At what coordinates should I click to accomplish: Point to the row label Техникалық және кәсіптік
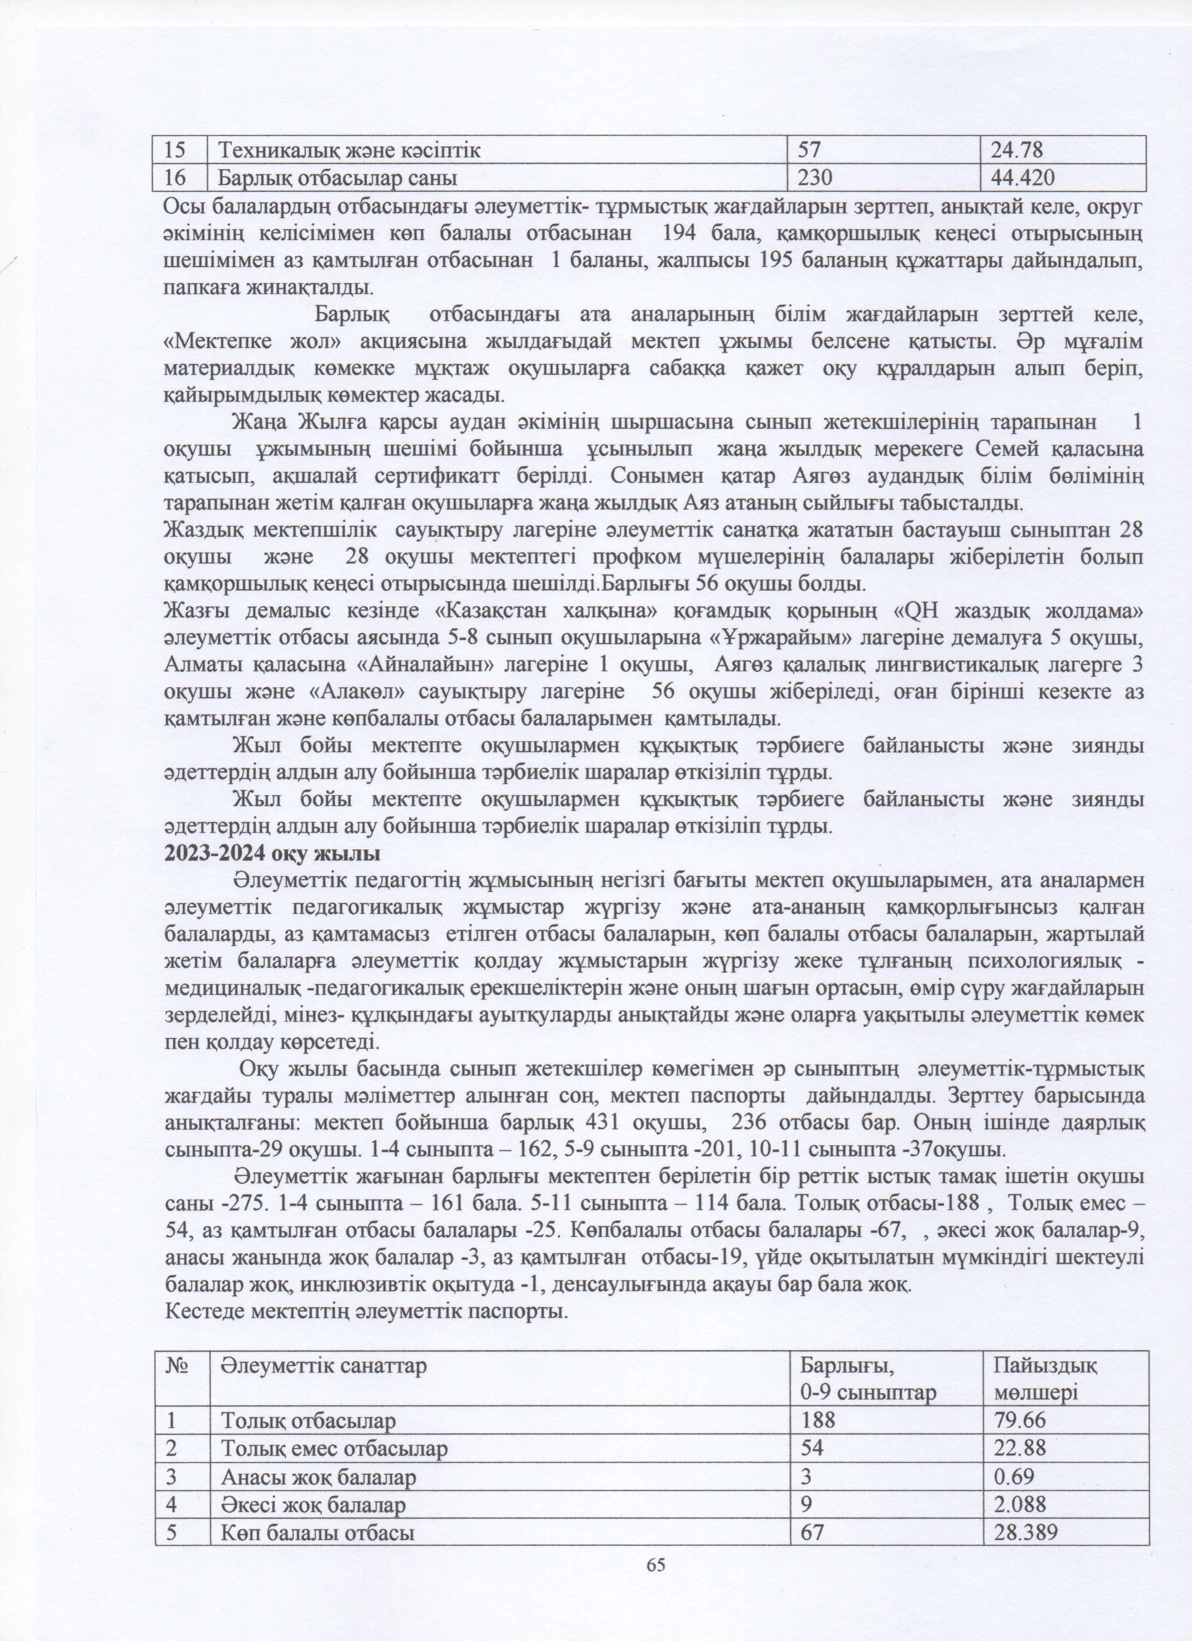pyautogui.click(x=350, y=151)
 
